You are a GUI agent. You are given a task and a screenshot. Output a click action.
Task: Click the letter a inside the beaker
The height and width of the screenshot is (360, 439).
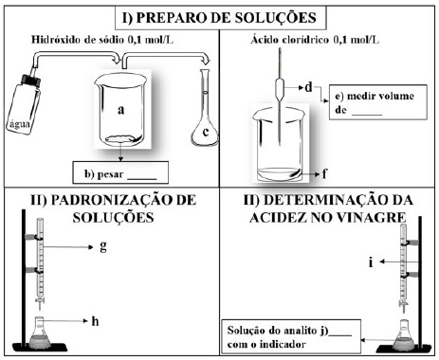point(120,110)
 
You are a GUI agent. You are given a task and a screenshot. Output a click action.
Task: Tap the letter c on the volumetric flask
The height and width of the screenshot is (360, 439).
point(206,132)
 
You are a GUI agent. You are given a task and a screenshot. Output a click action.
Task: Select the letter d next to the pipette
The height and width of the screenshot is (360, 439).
point(308,87)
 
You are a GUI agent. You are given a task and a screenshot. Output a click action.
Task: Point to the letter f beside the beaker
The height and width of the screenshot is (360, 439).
point(324,173)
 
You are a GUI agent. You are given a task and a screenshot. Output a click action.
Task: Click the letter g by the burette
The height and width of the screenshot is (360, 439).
point(103,246)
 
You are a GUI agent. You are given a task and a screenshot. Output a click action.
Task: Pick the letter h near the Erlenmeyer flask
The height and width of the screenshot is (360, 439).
point(95,321)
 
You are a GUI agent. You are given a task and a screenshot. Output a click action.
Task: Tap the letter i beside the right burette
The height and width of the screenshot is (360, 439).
point(371,262)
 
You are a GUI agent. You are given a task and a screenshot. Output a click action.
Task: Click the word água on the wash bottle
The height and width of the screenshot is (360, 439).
point(20,124)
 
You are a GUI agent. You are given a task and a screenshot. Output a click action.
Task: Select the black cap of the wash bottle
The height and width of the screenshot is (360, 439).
point(30,80)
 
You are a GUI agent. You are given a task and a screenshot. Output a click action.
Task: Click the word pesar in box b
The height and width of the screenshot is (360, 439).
point(110,174)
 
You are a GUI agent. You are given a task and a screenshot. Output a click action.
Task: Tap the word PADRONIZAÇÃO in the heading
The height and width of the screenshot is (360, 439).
point(107,200)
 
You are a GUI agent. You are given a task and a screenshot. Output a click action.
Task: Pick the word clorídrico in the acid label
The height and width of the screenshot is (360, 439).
point(305,40)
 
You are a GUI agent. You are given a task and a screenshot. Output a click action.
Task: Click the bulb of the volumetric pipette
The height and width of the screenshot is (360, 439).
point(280,89)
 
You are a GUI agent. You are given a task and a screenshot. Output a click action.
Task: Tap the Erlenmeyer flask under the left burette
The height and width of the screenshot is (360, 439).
point(40,332)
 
